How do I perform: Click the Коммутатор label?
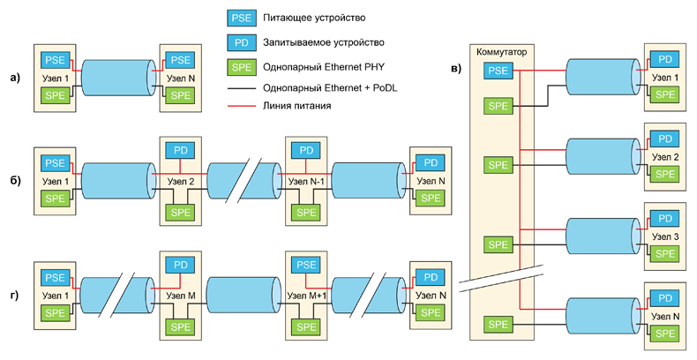coord(500,52)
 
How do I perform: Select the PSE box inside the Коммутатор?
coord(498,70)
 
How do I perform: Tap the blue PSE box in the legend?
coord(239,17)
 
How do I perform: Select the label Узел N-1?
coord(306,181)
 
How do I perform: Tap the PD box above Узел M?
coord(180,264)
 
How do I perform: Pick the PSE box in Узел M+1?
coord(306,264)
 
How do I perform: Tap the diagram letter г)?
coord(14,282)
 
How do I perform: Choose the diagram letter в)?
coord(454,70)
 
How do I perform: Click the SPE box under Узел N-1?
coord(306,212)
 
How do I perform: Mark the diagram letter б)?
coord(14,181)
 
